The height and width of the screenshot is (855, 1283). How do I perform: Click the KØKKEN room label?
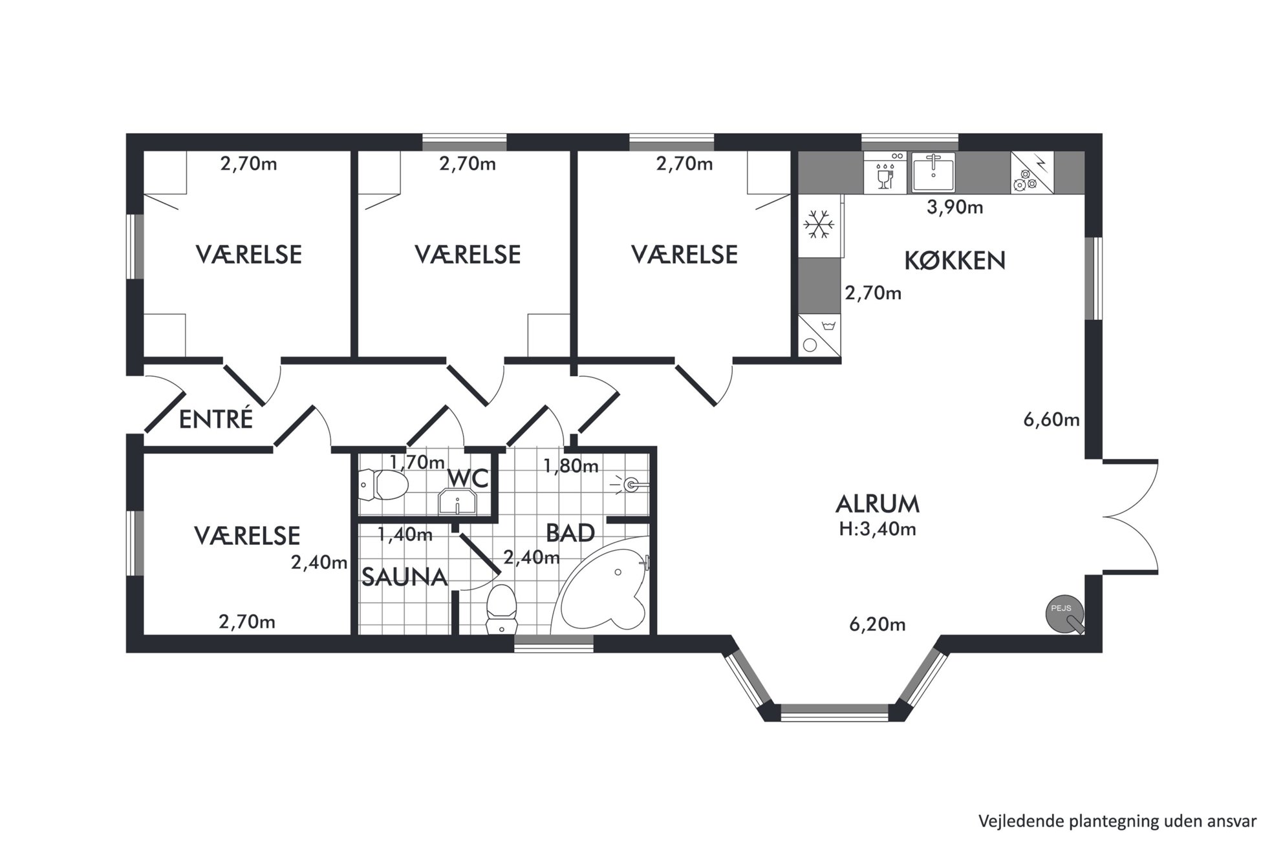coord(954,260)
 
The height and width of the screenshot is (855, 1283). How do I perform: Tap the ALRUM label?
coord(878,503)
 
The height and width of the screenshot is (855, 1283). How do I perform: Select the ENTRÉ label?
coord(215,419)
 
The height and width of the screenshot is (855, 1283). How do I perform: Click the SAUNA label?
coord(404,577)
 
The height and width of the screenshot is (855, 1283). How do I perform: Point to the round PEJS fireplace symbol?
coord(1064,613)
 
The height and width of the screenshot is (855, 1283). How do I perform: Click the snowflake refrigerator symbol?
coord(819,226)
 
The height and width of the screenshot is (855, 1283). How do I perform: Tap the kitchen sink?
coord(933,173)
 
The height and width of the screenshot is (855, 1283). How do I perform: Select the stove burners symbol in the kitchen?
coord(1025,180)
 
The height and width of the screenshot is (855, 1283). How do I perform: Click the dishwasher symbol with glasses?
coord(885,173)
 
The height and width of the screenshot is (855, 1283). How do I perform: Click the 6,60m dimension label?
coord(1051,420)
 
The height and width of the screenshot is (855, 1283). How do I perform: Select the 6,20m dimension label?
coord(877,624)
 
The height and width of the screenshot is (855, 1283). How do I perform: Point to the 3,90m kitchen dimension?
coord(954,207)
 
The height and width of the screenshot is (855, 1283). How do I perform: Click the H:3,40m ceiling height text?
coord(878,529)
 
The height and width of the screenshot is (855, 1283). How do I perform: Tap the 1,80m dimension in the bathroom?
coord(571,465)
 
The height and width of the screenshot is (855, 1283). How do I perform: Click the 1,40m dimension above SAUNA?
coord(405,534)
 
